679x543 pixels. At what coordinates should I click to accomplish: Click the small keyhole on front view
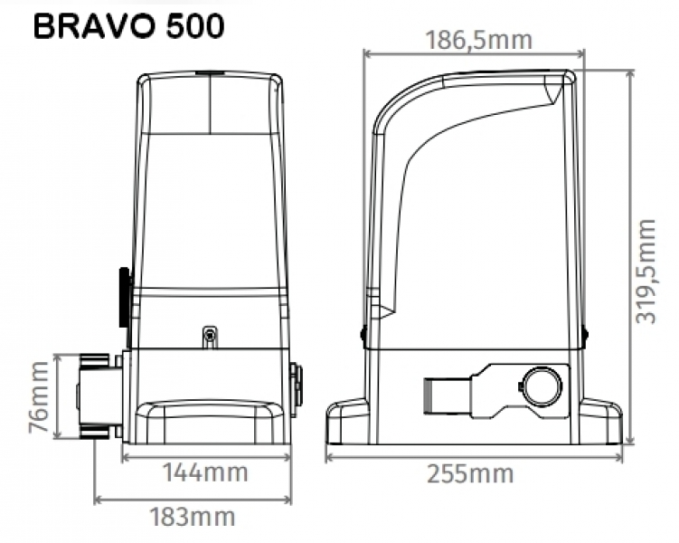point(209,337)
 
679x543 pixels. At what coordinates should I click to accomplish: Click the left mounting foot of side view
point(345,422)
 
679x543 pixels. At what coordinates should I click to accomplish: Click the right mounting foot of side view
point(600,422)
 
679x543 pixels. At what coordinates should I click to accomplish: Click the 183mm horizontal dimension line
point(193,499)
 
